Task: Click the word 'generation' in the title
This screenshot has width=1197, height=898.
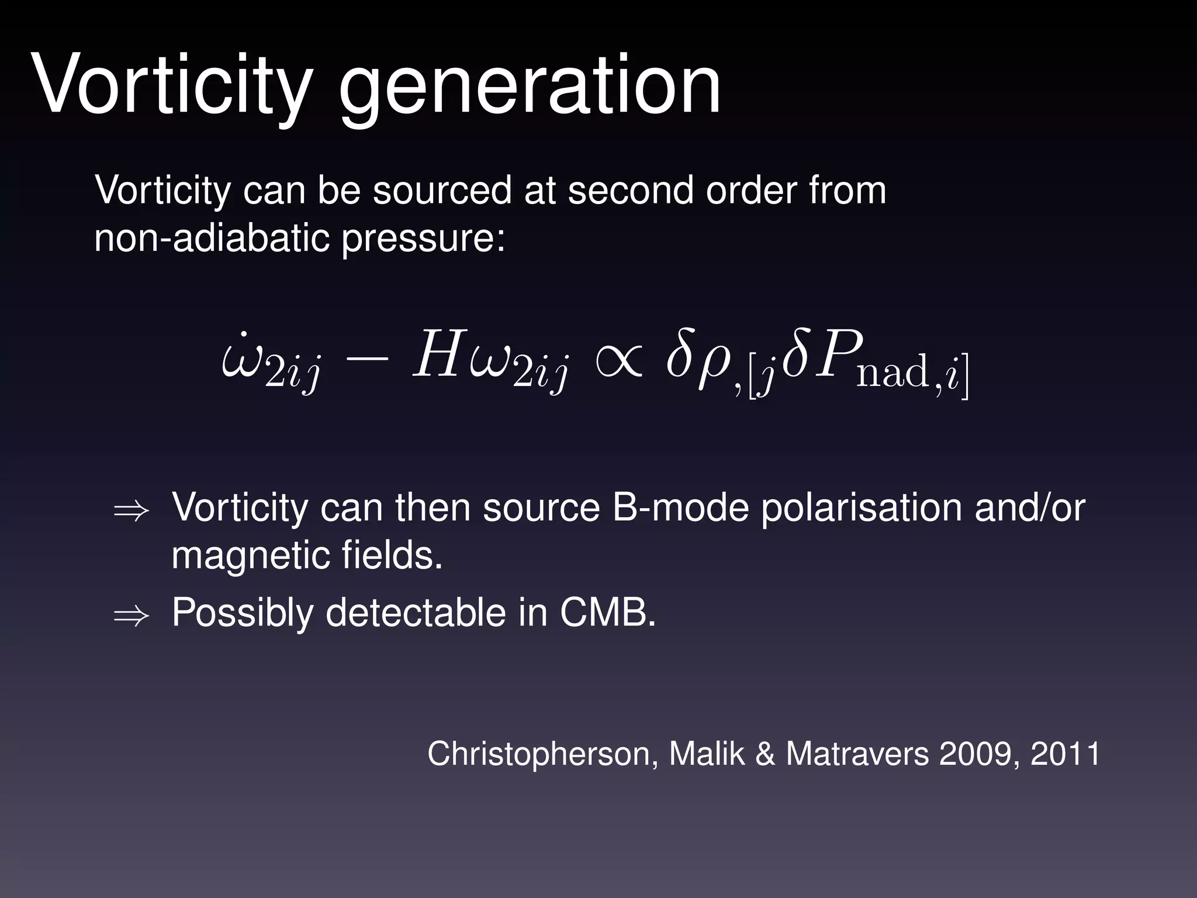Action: pos(530,88)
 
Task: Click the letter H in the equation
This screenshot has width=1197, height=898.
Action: pos(436,354)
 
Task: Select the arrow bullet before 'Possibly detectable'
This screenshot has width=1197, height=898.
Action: pos(131,616)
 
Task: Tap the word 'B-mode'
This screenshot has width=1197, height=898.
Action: pos(680,507)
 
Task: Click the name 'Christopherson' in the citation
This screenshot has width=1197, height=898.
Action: pos(538,754)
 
